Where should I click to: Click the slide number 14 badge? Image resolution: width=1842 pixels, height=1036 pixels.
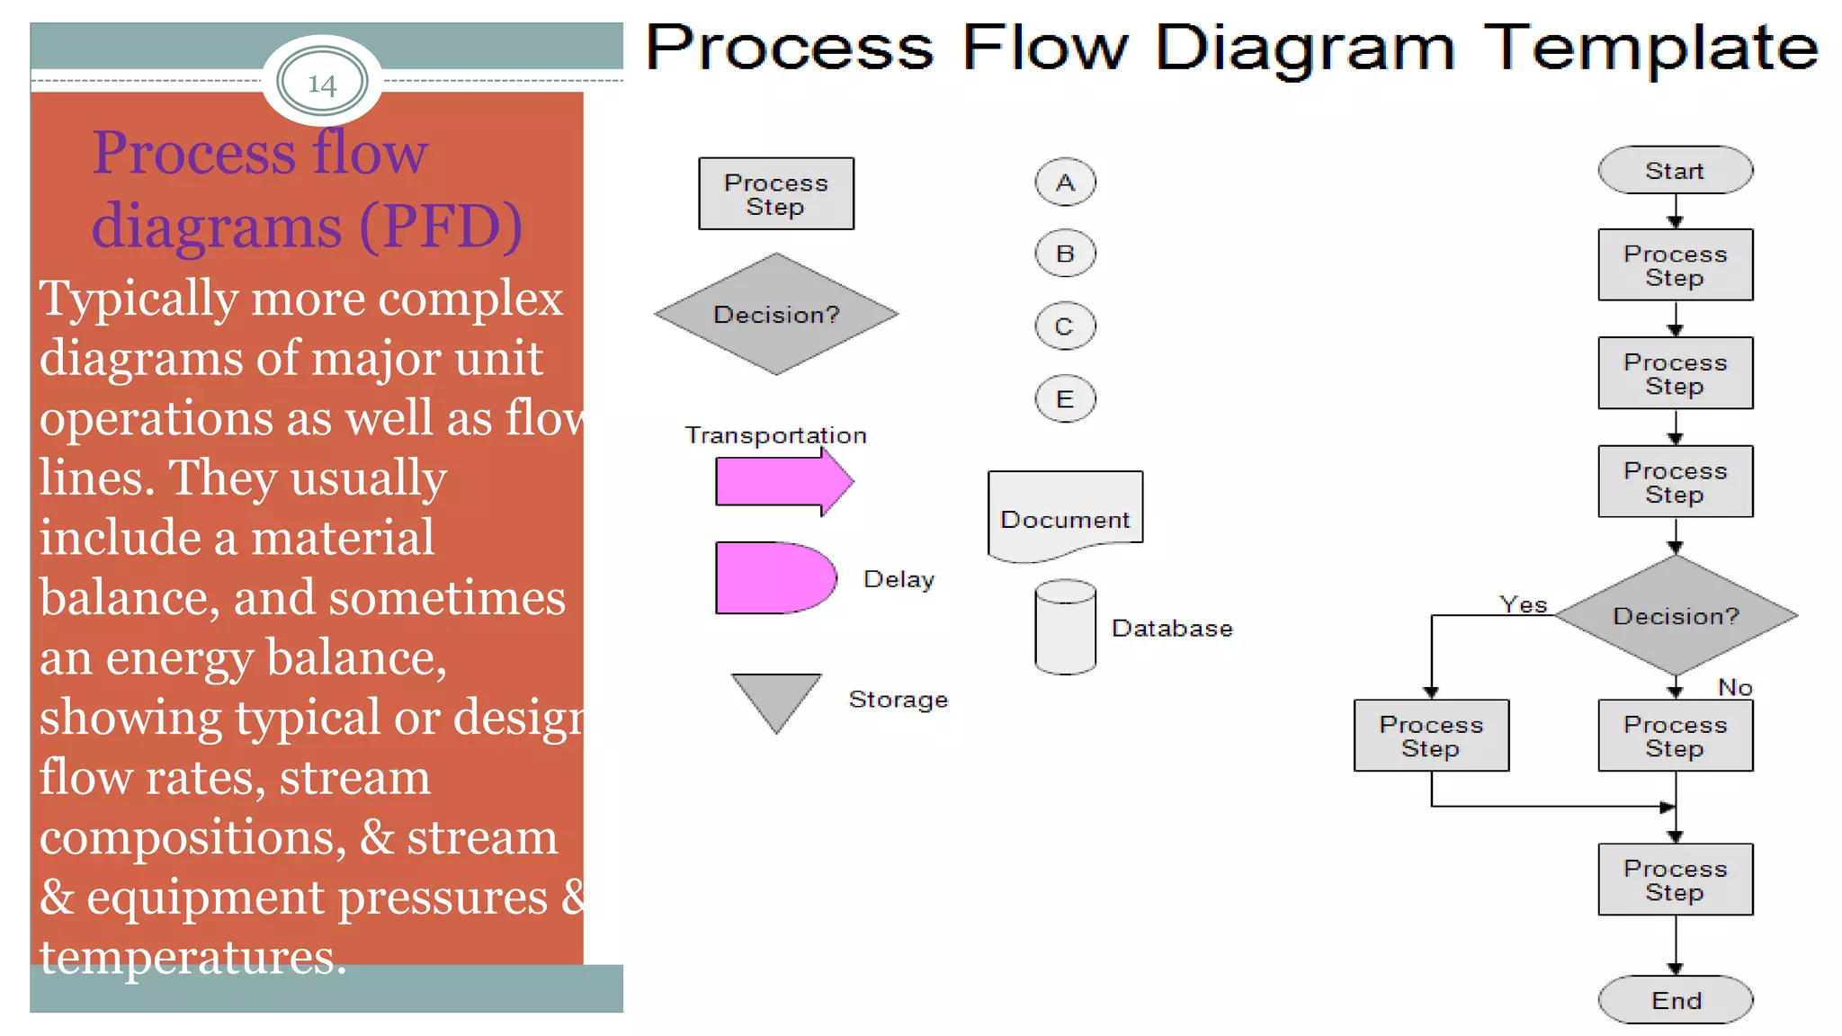pyautogui.click(x=322, y=82)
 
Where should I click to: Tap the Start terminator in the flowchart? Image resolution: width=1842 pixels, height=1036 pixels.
pyautogui.click(x=1675, y=170)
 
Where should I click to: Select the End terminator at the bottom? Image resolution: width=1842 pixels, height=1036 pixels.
pyautogui.click(x=1675, y=1000)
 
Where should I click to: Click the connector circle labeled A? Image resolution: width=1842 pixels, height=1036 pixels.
pyautogui.click(x=1065, y=183)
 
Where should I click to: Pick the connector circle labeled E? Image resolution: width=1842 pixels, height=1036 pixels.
pyautogui.click(x=1065, y=398)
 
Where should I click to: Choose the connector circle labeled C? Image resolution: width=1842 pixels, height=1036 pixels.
pyautogui.click(x=1065, y=326)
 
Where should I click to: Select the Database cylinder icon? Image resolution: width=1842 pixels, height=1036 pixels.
pyautogui.click(x=1065, y=628)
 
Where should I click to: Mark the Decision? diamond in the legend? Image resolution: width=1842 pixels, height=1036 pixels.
pyautogui.click(x=775, y=314)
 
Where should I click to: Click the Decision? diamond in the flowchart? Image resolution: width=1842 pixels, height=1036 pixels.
pyautogui.click(x=1675, y=616)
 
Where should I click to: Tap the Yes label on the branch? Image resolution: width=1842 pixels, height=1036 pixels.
pyautogui.click(x=1523, y=604)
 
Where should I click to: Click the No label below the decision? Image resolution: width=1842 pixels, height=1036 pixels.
pyautogui.click(x=1735, y=687)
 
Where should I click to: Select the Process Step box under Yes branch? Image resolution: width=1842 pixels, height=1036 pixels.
pyautogui.click(x=1431, y=736)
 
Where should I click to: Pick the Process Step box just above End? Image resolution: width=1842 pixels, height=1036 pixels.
pyautogui.click(x=1675, y=880)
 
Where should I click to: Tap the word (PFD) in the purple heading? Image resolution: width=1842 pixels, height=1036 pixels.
pyautogui.click(x=441, y=226)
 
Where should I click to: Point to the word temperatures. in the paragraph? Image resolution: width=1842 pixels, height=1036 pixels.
pyautogui.click(x=192, y=957)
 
